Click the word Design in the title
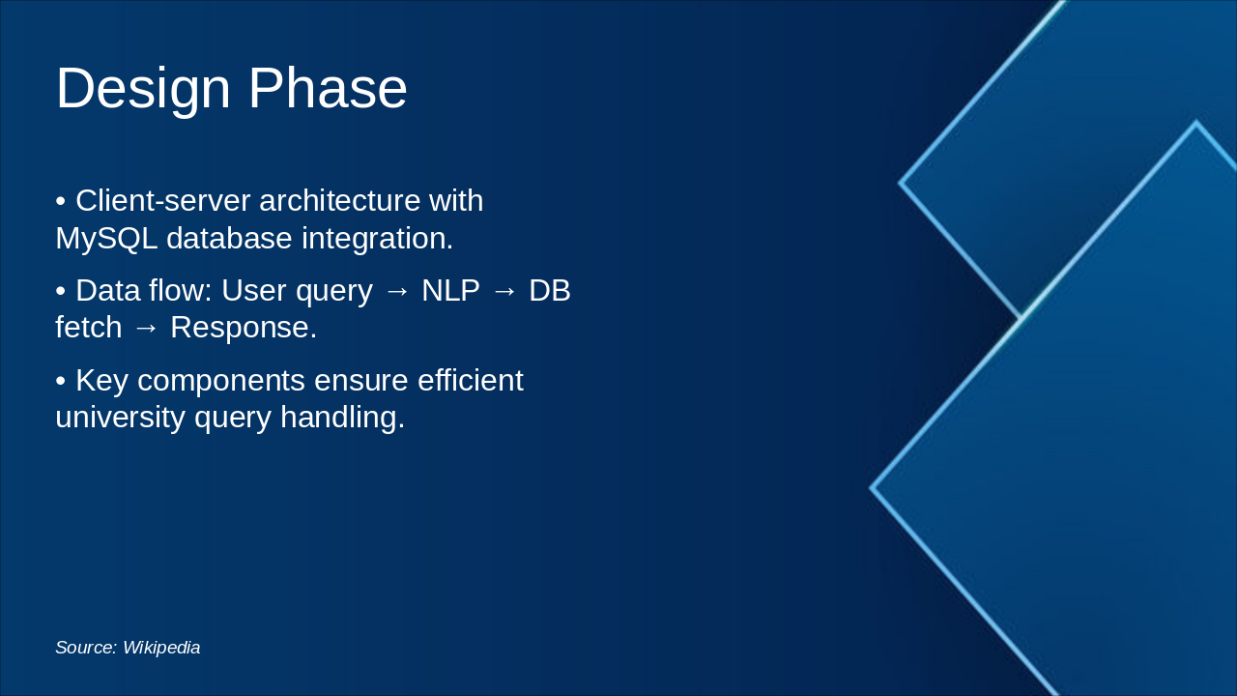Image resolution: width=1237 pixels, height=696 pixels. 143,89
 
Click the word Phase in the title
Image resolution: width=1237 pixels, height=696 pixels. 328,89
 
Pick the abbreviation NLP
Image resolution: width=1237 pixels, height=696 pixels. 450,290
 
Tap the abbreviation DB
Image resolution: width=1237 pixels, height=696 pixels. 549,290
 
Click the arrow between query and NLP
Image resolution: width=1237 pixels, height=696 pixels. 397,291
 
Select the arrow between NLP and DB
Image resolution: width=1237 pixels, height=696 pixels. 504,291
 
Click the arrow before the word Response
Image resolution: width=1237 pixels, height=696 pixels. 146,328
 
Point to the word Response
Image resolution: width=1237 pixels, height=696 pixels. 243,328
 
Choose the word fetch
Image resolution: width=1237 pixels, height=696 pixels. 88,328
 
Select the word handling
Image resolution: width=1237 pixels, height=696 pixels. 342,418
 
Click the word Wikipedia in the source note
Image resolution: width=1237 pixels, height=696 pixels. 161,648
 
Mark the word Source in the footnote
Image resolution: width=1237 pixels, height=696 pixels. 85,648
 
